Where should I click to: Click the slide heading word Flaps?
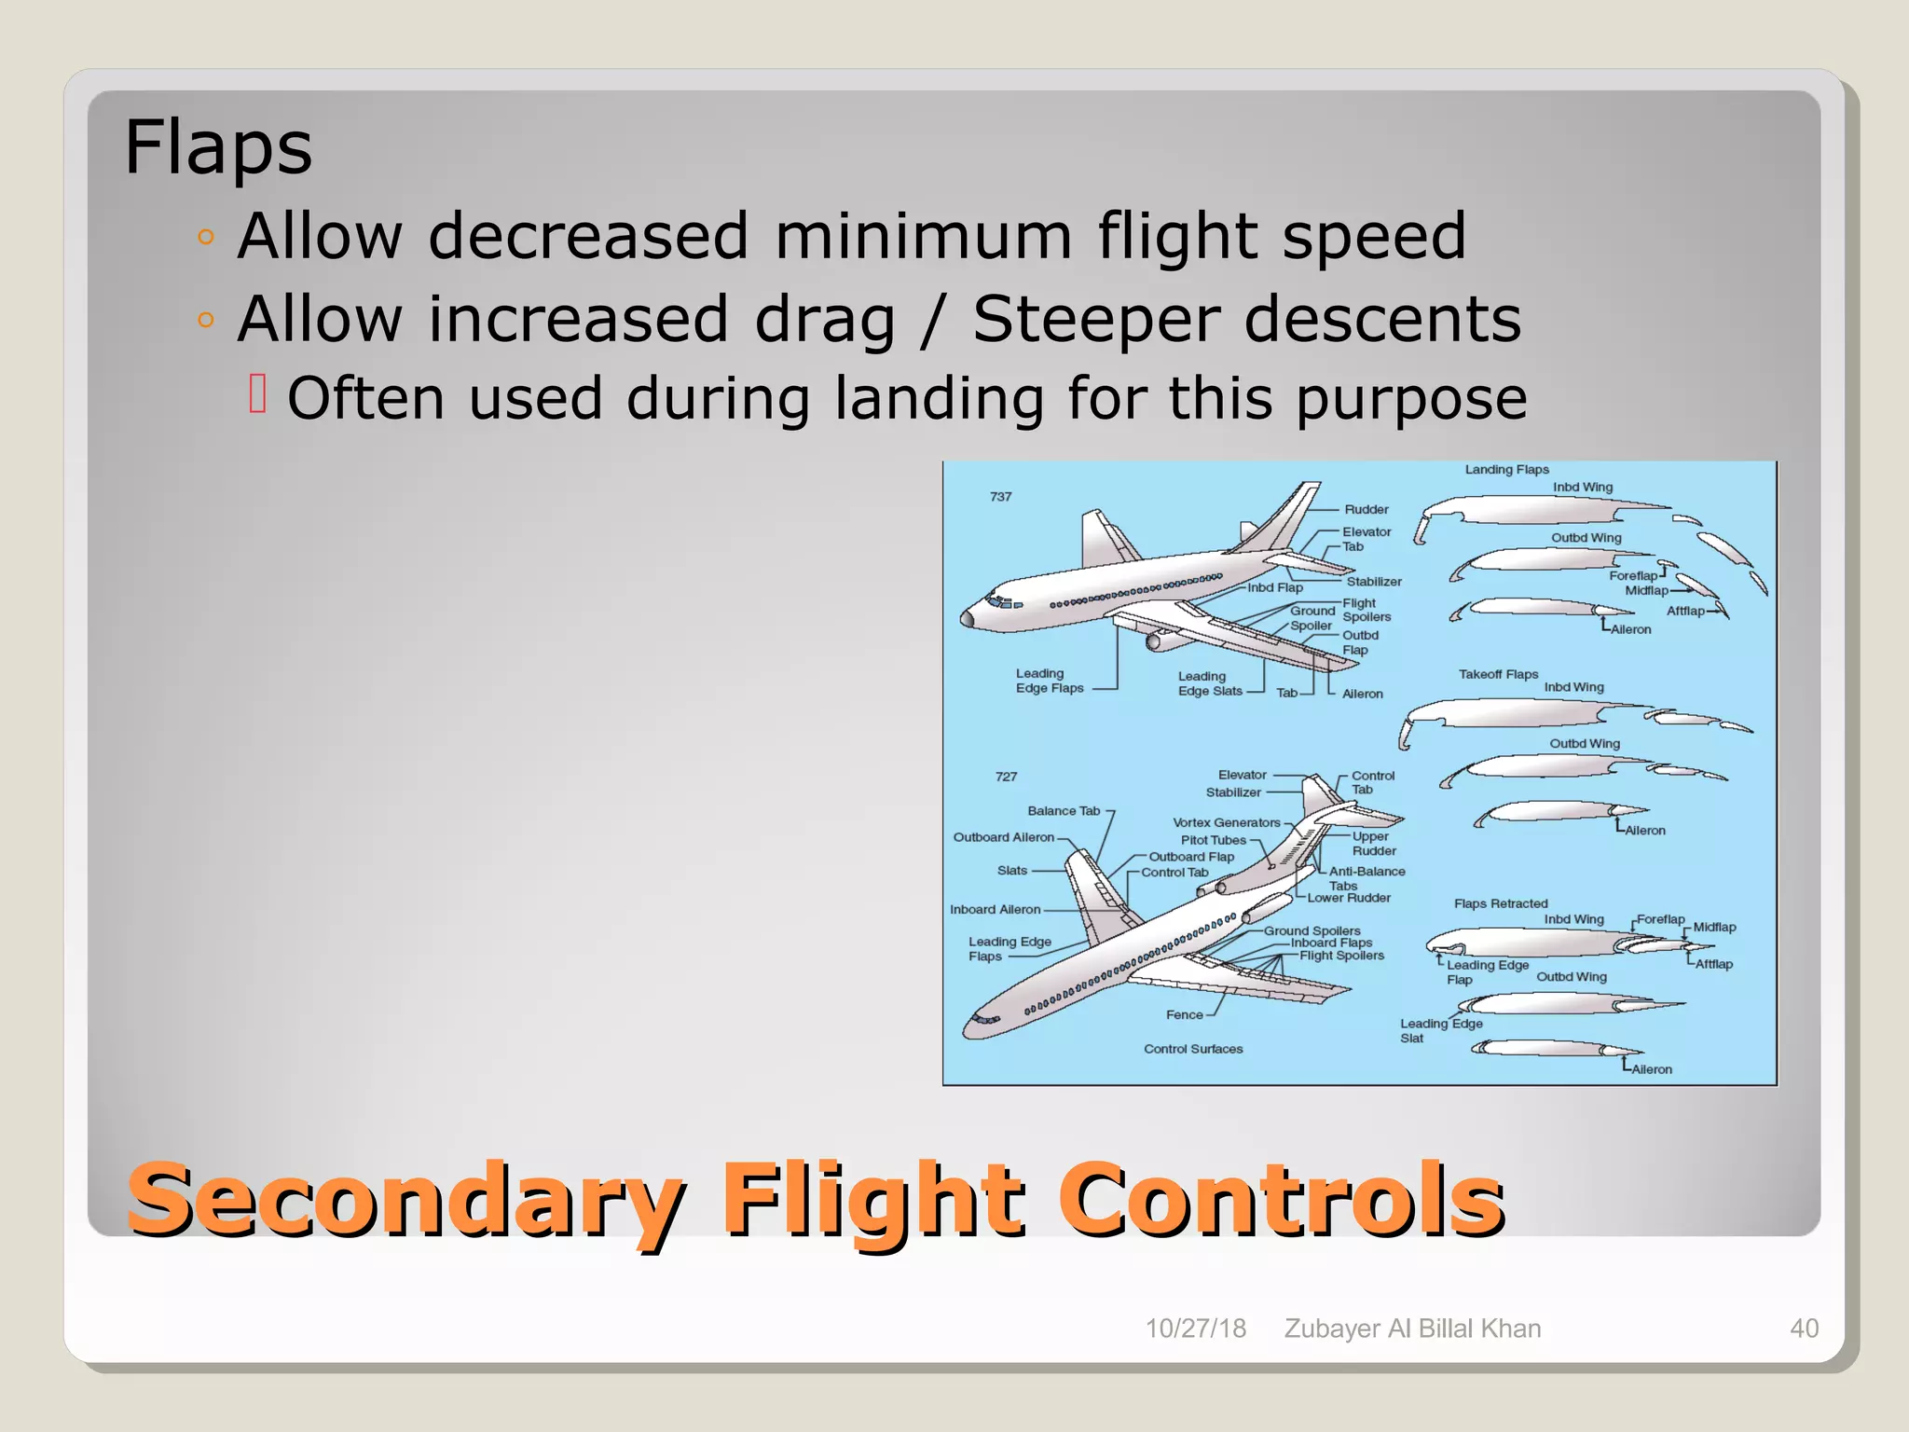(218, 147)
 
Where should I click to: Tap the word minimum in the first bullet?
(923, 236)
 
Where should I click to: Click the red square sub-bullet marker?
(258, 393)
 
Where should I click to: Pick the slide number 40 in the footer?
(1804, 1329)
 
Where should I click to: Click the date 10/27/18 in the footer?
(1195, 1329)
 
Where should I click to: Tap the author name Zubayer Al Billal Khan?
(1412, 1329)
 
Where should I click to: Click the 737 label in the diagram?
(1000, 497)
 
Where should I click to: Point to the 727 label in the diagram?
(1006, 777)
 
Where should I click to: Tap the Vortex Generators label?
(1226, 822)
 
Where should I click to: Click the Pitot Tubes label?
(1213, 840)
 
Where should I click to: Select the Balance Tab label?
(1064, 811)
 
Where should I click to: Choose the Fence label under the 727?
(1184, 1015)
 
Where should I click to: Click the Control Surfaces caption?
(1193, 1049)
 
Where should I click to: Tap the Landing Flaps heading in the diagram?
(1506, 470)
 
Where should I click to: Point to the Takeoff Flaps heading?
(1498, 674)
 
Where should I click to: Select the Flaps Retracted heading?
(1501, 903)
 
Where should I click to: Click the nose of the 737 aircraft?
(968, 617)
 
